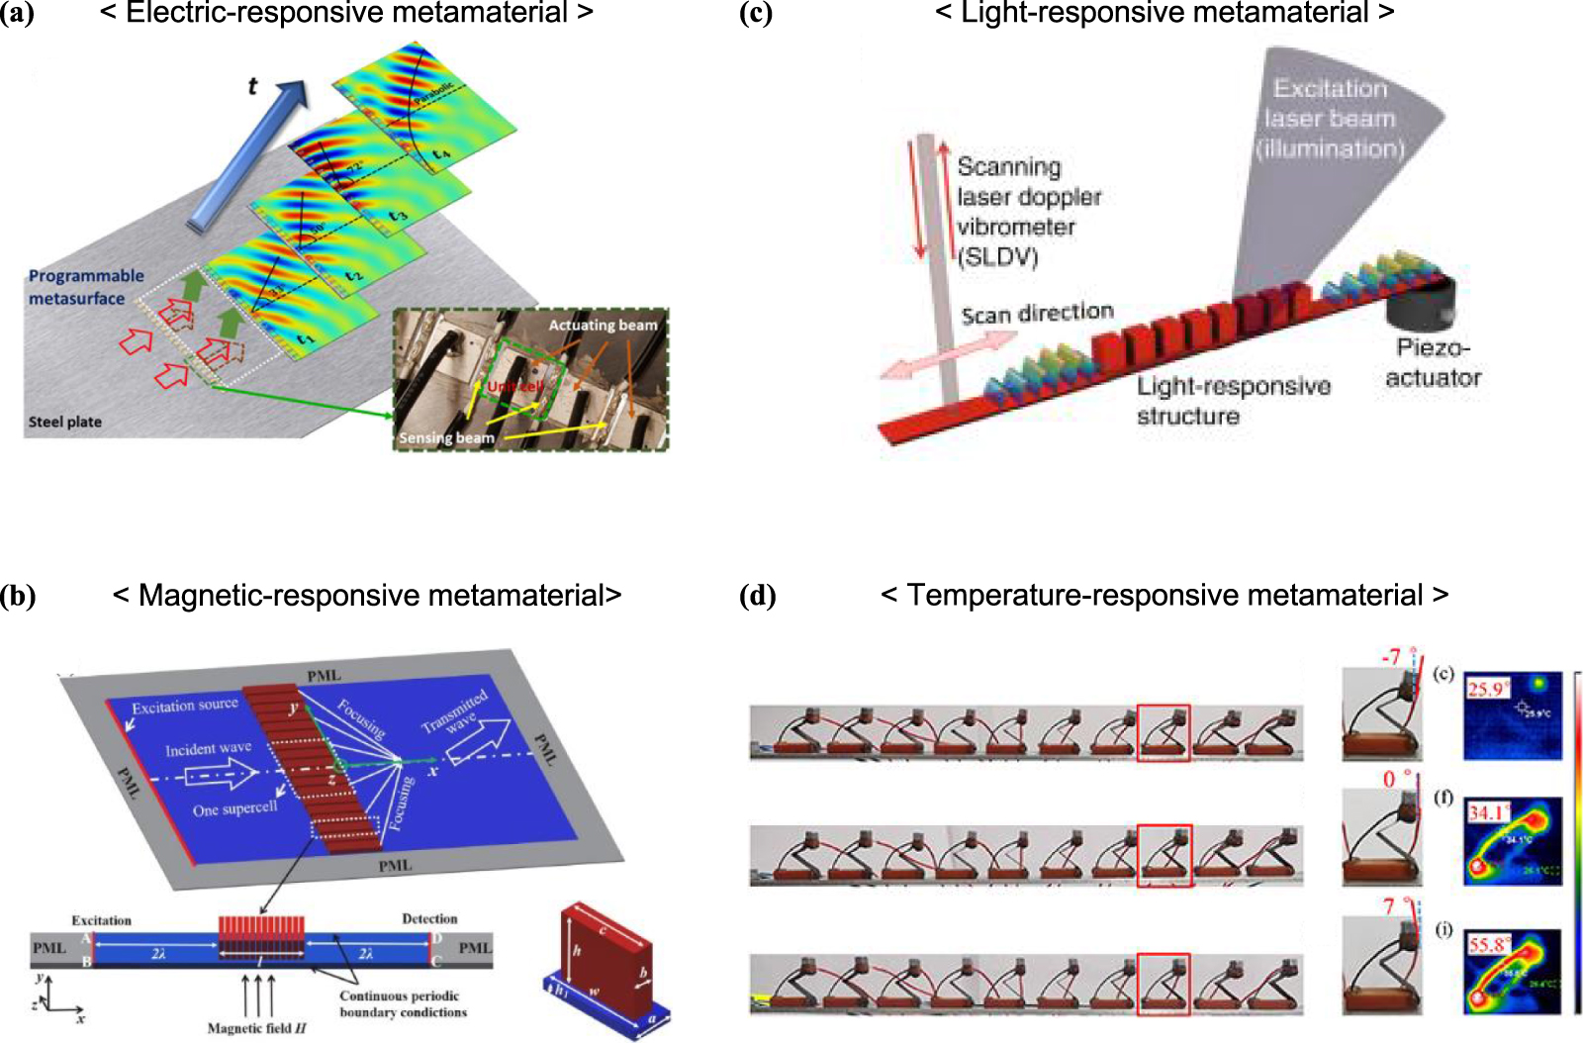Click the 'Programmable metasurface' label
[85, 287]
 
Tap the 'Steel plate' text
[64, 422]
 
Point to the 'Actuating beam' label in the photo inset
[603, 325]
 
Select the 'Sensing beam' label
[446, 437]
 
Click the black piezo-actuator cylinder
[1422, 302]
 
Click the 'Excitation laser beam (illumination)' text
[1330, 119]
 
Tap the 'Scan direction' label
[1037, 314]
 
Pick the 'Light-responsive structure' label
[1232, 400]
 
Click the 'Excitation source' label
[185, 706]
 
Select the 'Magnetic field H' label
[256, 1028]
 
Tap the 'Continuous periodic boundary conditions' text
[402, 1003]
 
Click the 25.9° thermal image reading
[1486, 689]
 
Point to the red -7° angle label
[1392, 657]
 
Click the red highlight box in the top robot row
[1164, 732]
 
